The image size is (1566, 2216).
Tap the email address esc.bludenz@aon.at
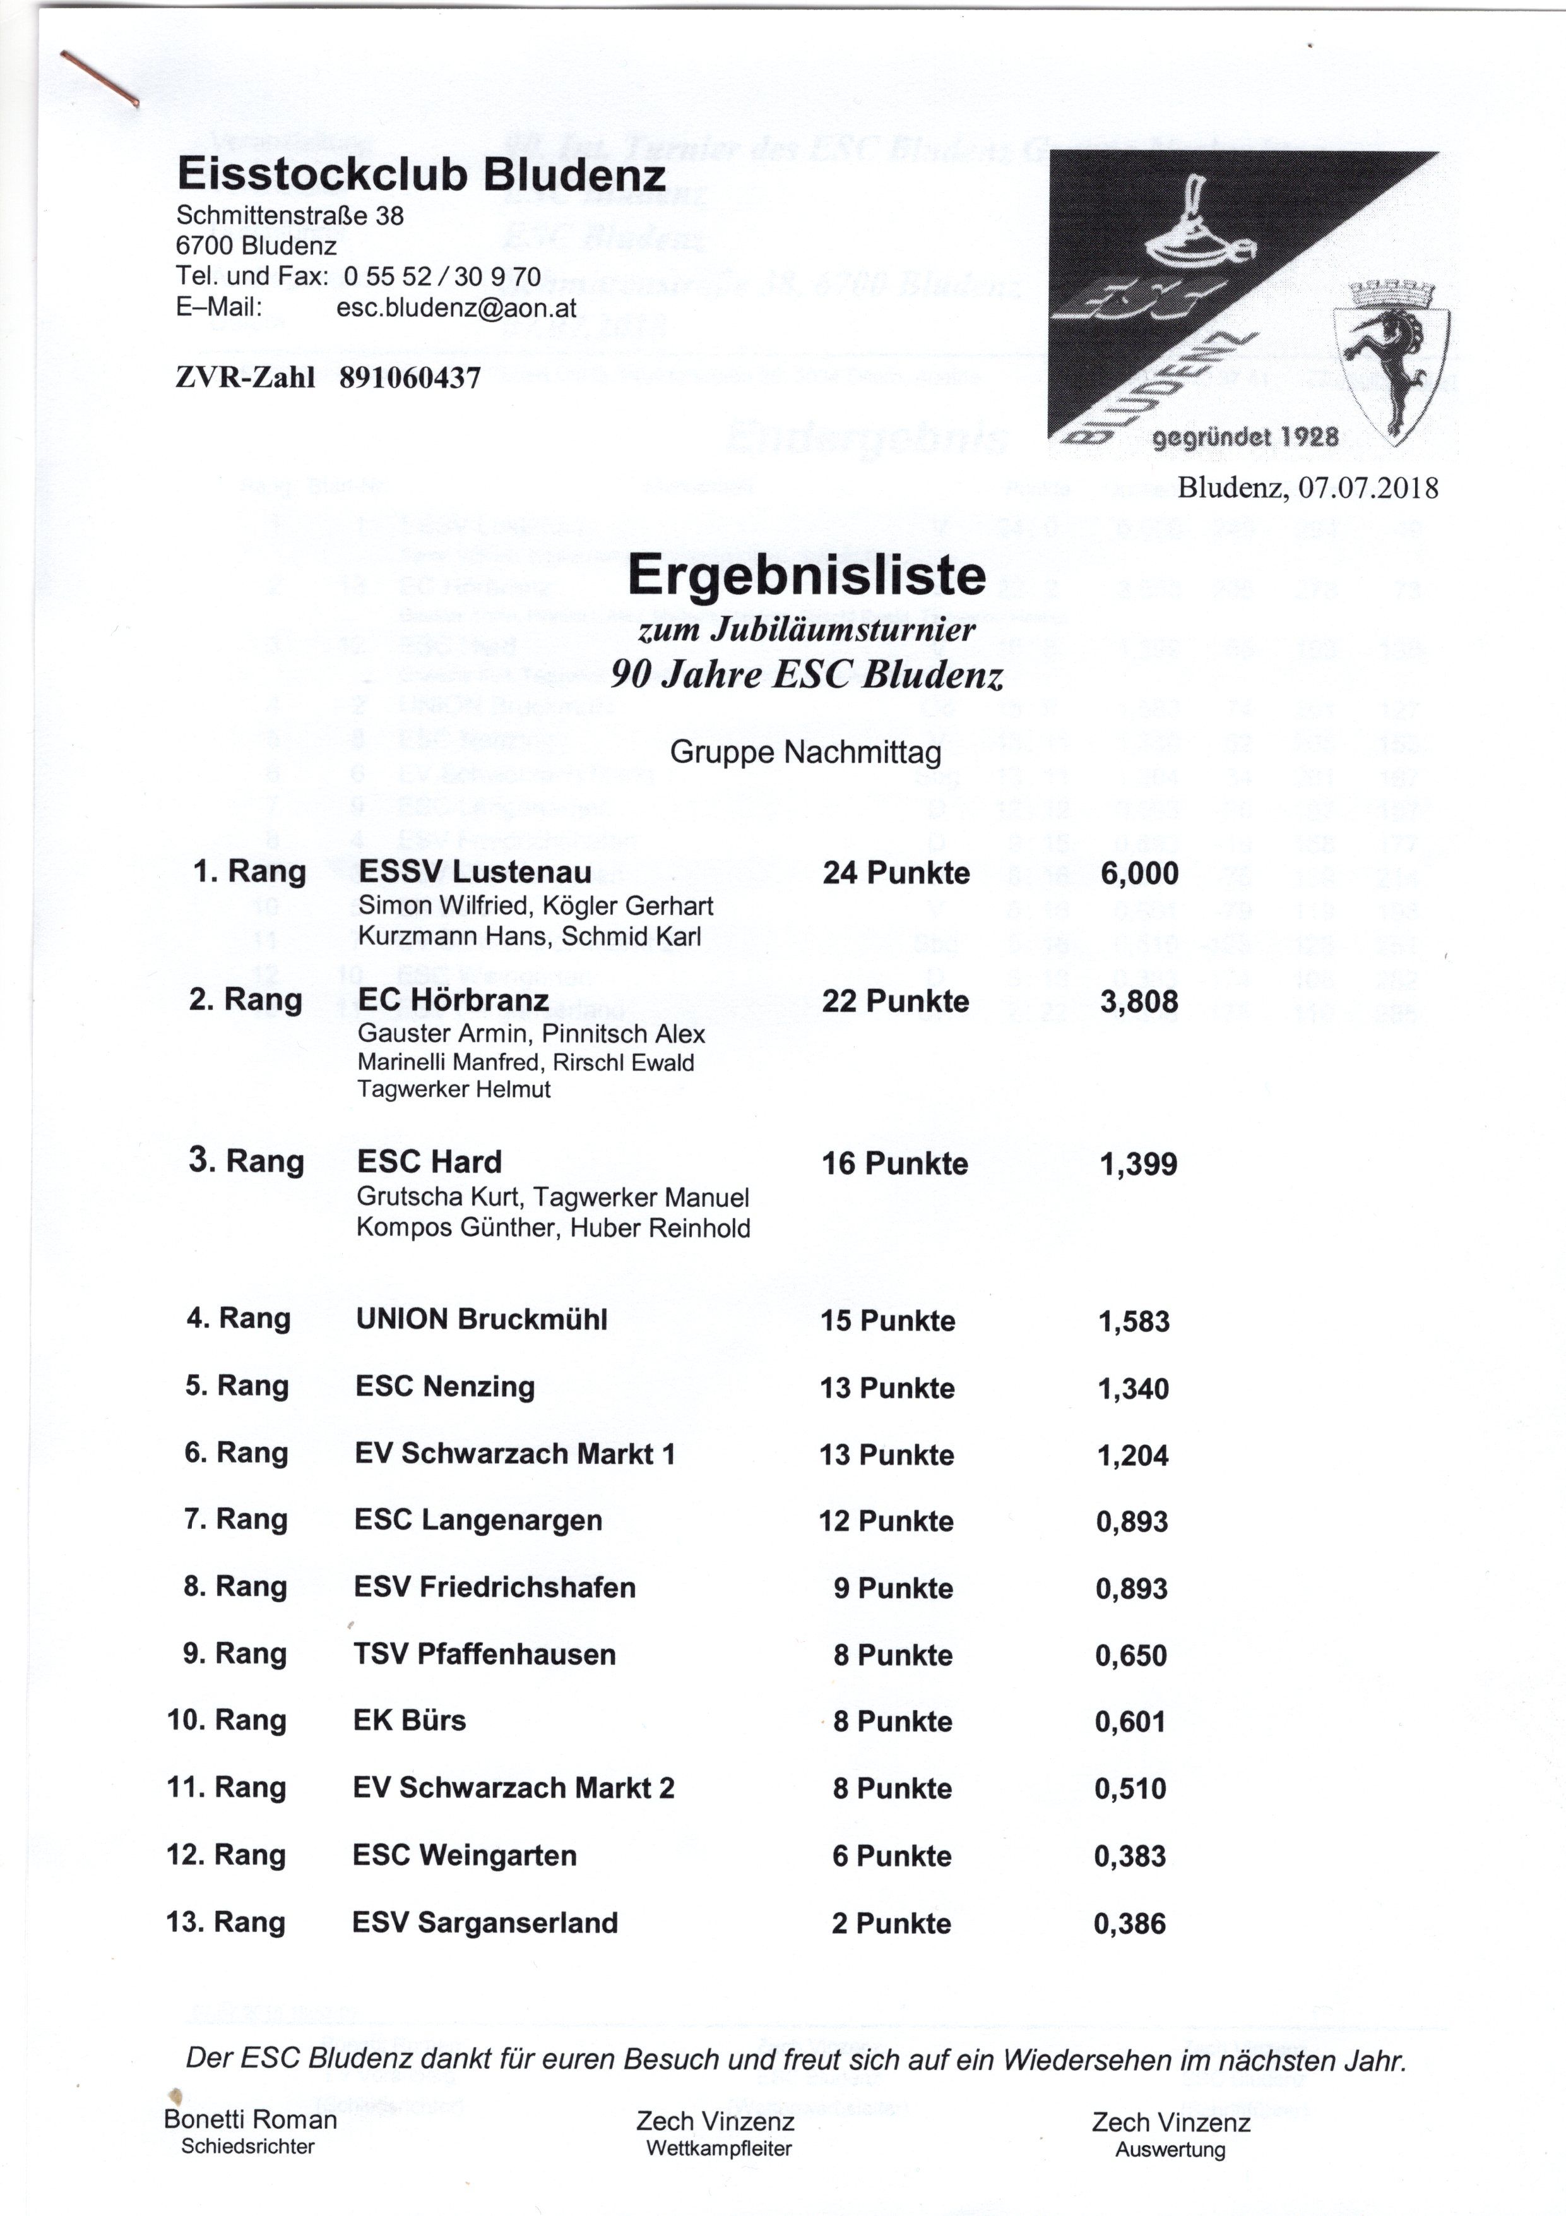(456, 308)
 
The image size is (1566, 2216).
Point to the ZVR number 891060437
(410, 378)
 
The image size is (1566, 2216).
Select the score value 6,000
(1139, 873)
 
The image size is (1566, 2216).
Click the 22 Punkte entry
(896, 1001)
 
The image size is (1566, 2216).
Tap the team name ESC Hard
(429, 1161)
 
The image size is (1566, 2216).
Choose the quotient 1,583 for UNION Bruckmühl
(1134, 1321)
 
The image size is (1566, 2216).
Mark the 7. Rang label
(235, 1520)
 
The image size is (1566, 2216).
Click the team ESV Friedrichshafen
(494, 1588)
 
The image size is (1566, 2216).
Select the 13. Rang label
(226, 1922)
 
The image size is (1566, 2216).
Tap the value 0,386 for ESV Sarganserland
(1129, 1924)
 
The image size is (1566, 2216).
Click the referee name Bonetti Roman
(250, 2119)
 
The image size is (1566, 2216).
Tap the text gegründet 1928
(1245, 437)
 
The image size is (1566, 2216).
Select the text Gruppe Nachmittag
(805, 752)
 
